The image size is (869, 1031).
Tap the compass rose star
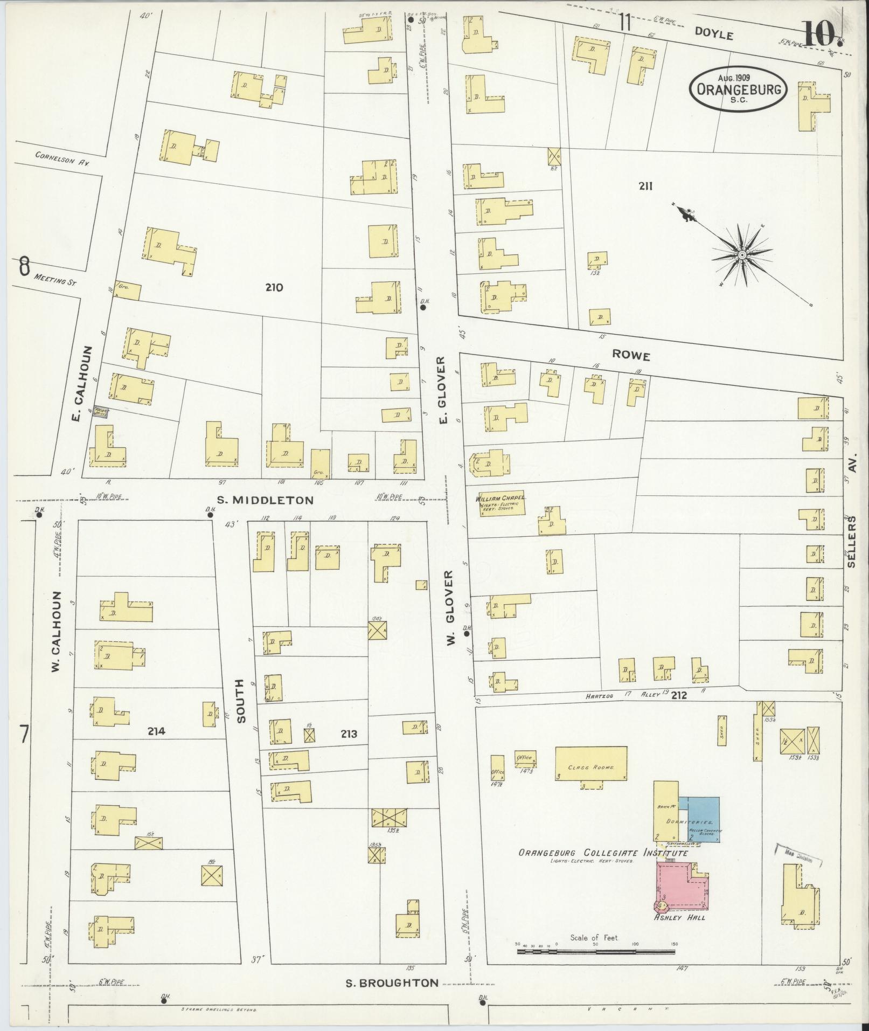[x=741, y=255]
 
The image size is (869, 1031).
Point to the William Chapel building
[x=502, y=503]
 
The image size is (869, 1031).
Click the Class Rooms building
[x=591, y=763]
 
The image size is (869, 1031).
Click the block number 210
[x=274, y=288]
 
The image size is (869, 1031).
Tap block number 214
[x=156, y=731]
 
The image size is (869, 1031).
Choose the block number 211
[x=646, y=186]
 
